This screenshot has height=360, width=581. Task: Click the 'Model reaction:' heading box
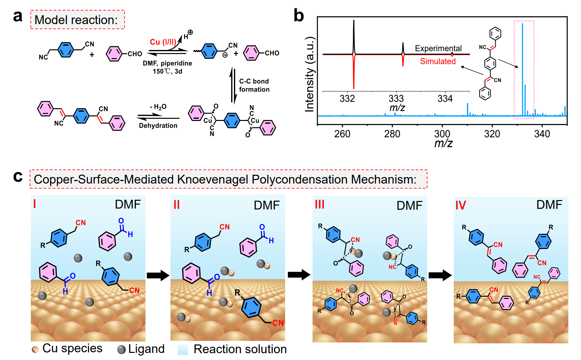[77, 20]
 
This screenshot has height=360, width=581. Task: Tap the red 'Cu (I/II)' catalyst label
[163, 42]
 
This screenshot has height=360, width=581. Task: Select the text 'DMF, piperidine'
[167, 63]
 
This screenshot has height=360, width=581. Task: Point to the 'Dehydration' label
[158, 126]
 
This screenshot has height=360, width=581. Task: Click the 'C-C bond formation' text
[254, 85]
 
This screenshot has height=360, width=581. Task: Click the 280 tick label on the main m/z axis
[392, 134]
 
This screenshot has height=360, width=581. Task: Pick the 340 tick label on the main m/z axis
[542, 134]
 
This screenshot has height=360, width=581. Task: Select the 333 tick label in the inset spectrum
[396, 99]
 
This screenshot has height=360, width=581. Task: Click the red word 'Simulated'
[438, 61]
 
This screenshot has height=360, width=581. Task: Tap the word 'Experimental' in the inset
[438, 48]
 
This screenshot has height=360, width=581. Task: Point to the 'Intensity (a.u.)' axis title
[309, 74]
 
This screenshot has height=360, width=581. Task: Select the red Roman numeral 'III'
[320, 204]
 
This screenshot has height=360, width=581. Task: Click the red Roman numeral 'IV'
[460, 205]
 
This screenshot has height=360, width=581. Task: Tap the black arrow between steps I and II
[158, 275]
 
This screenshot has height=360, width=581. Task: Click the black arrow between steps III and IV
[440, 275]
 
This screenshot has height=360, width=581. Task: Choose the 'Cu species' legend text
[72, 348]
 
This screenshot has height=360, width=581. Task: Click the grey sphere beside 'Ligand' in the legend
[121, 350]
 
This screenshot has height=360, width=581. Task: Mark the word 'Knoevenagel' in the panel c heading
[212, 179]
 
